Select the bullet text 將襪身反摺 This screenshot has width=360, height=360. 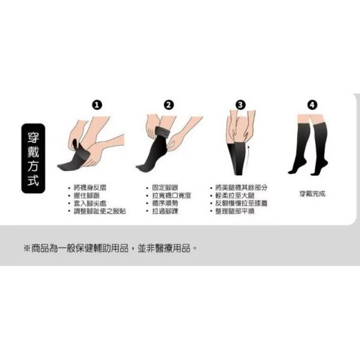click(x=90, y=188)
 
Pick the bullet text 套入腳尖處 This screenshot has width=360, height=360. click(x=90, y=203)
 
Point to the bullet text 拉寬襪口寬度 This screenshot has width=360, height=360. click(x=171, y=196)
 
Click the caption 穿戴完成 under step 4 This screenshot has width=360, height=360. click(x=312, y=194)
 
